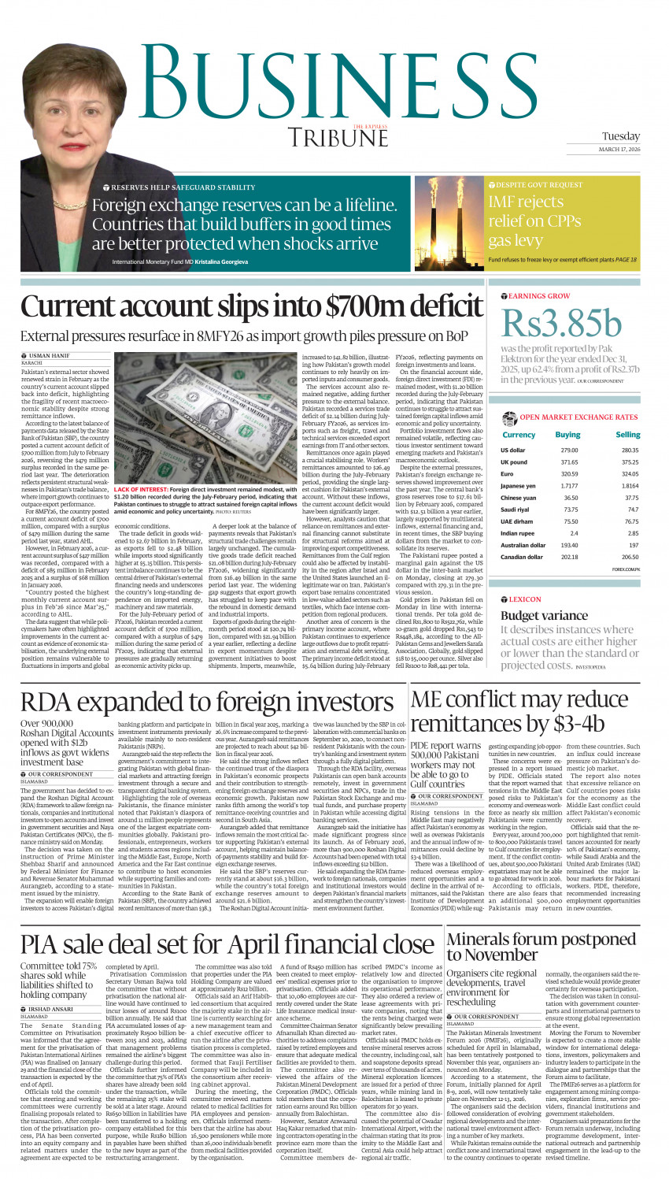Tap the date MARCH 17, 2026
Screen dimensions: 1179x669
click(x=619, y=150)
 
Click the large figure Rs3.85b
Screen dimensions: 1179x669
click(x=561, y=323)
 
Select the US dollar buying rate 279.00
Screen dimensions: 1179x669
click(x=568, y=450)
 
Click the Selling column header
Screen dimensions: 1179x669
click(x=627, y=434)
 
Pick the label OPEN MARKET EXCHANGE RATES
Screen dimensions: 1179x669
click(x=578, y=417)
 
